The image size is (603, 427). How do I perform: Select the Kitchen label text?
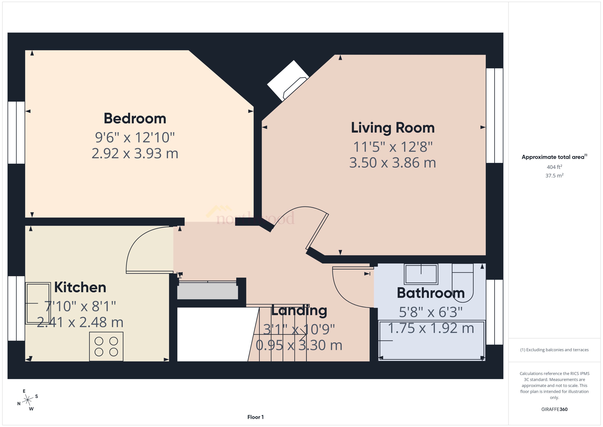click(80, 287)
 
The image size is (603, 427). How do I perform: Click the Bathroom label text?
click(431, 293)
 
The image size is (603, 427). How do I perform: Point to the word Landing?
click(299, 310)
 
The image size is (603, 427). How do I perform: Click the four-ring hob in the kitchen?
click(106, 346)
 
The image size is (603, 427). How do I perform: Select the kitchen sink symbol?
click(38, 303)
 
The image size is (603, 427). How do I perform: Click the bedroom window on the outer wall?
click(16, 133)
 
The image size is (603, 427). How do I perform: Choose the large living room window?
click(494, 115)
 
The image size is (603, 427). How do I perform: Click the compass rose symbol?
click(27, 400)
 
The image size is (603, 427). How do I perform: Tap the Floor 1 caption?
click(255, 417)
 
